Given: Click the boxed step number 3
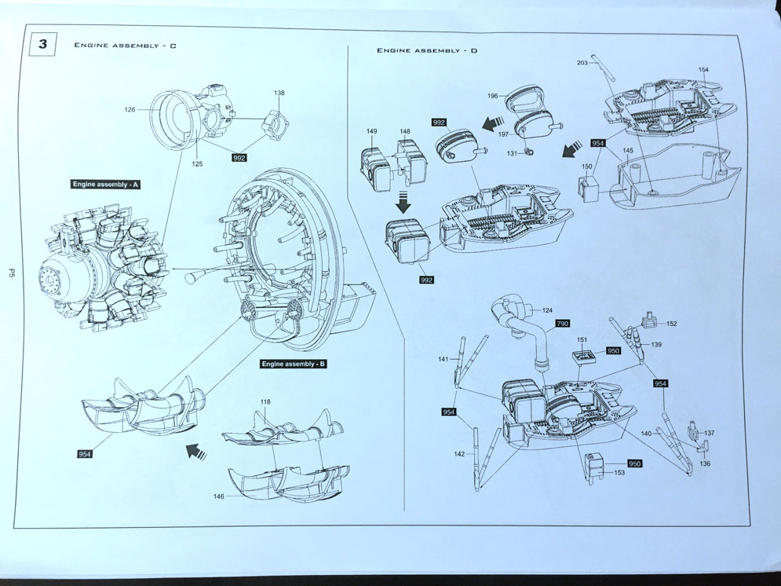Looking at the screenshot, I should pyautogui.click(x=42, y=45).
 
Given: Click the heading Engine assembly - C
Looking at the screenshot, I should pyautogui.click(x=125, y=46).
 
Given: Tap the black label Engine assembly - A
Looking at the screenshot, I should pyautogui.click(x=104, y=184).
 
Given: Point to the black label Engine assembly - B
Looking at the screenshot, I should pyautogui.click(x=293, y=364).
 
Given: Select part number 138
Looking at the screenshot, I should pyautogui.click(x=279, y=93).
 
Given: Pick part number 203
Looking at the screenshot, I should pyautogui.click(x=582, y=62).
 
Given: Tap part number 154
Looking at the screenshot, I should pyautogui.click(x=703, y=70).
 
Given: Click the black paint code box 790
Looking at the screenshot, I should pyautogui.click(x=562, y=323).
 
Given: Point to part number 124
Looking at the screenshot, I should pyautogui.click(x=547, y=310).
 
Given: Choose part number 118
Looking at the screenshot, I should pyautogui.click(x=265, y=401).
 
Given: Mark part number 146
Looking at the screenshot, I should pyautogui.click(x=220, y=496).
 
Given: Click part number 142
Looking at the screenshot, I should pyautogui.click(x=458, y=453).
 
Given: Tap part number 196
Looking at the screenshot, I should pyautogui.click(x=492, y=97).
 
